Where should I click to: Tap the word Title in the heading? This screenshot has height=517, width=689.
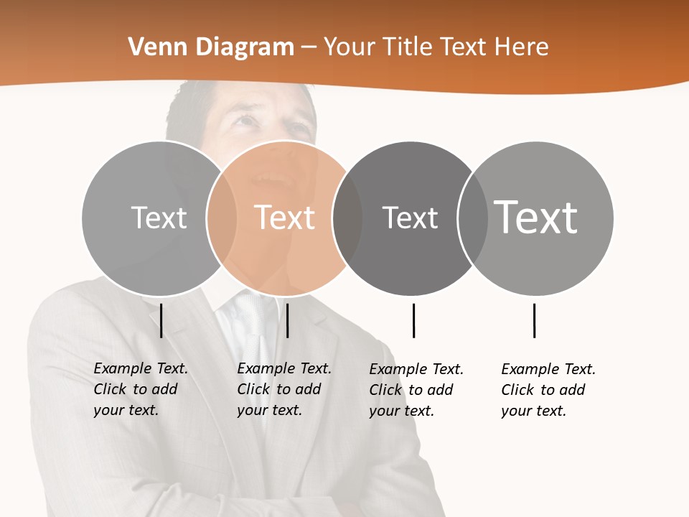408,47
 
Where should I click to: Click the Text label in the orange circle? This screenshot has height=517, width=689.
285,218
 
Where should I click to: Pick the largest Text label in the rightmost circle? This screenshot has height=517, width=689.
536,217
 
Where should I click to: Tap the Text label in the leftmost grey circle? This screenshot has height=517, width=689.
159,218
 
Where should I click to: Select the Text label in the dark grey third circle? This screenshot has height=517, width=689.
411,218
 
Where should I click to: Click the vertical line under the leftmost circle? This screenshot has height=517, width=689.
161,320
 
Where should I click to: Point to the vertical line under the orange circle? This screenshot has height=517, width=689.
287,320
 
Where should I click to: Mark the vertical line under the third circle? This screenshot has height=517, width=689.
413,320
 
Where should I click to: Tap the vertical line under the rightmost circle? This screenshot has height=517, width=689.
534,320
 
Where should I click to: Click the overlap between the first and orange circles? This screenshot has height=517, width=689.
222,218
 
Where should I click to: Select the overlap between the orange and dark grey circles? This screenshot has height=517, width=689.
347,218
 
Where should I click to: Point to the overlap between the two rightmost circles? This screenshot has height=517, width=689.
473,218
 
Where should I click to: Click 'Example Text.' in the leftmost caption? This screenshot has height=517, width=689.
141,368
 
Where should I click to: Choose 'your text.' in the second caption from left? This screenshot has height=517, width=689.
269,410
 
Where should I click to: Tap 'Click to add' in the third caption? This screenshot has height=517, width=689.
411,390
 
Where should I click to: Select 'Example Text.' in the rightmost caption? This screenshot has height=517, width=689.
548,369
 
